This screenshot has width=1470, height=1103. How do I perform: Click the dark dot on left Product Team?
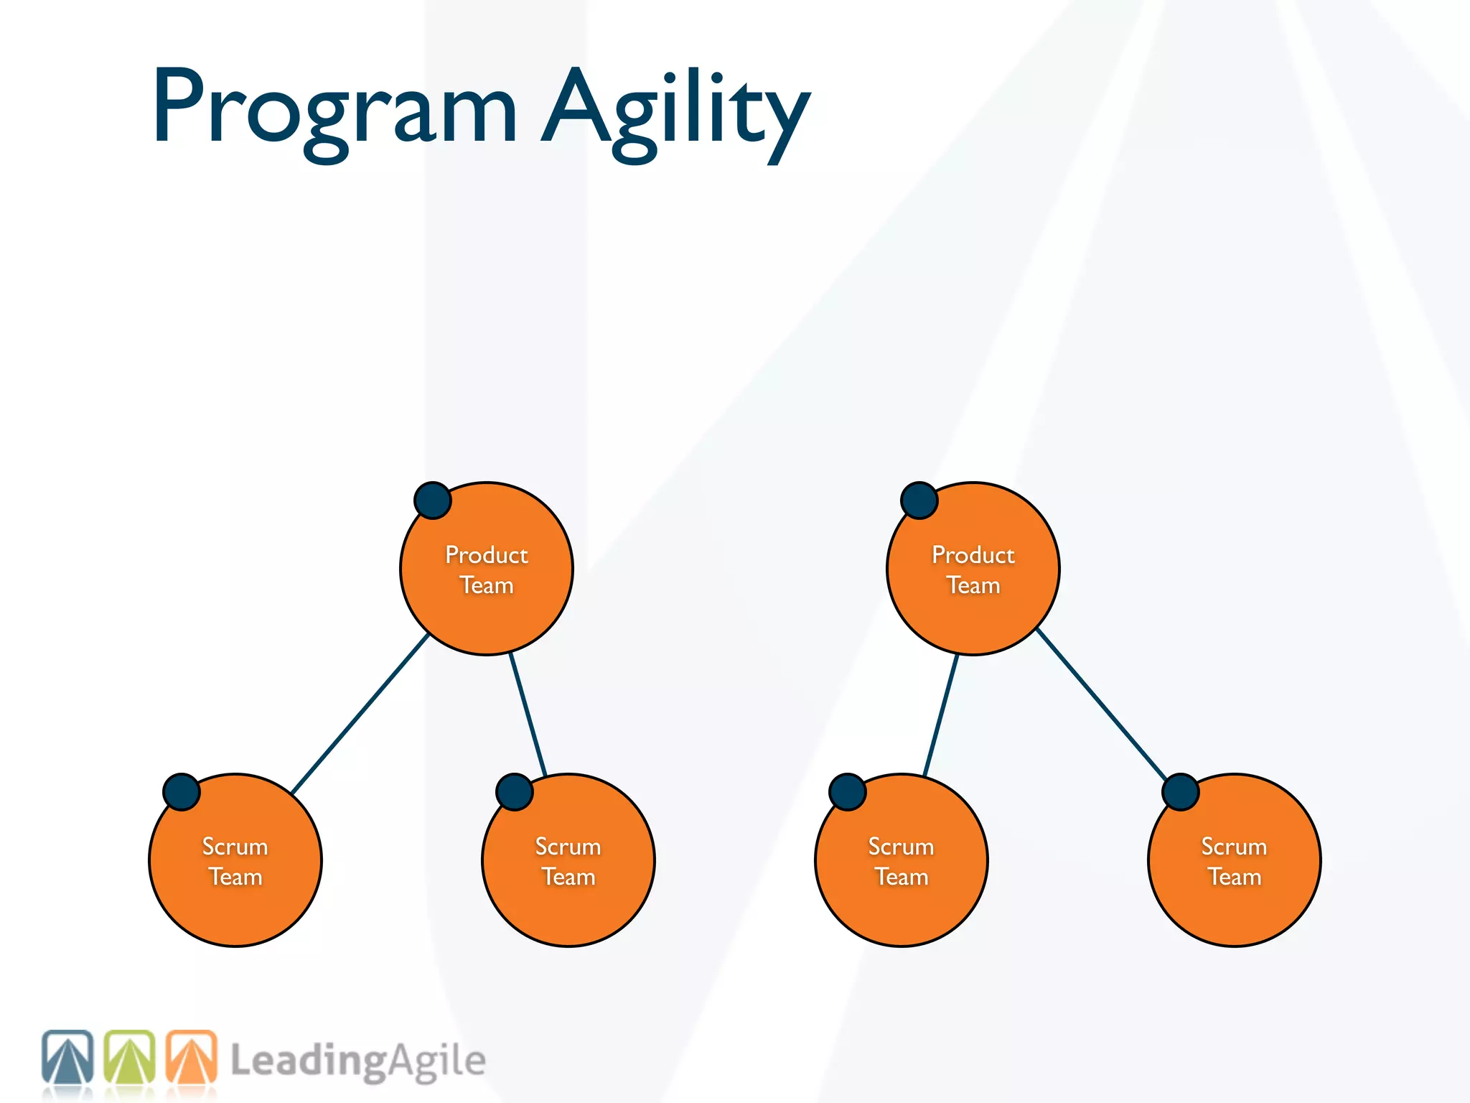(433, 501)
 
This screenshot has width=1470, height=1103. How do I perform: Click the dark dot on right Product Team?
(919, 501)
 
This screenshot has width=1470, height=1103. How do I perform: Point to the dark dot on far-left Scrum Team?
(182, 792)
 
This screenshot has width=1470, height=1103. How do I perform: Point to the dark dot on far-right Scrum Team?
(1181, 792)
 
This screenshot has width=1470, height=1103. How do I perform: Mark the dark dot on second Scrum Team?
(515, 792)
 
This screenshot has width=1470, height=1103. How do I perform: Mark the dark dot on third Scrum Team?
(848, 792)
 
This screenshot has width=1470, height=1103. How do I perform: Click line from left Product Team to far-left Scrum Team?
(360, 713)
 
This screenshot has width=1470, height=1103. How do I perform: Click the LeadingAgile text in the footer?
(357, 1061)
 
